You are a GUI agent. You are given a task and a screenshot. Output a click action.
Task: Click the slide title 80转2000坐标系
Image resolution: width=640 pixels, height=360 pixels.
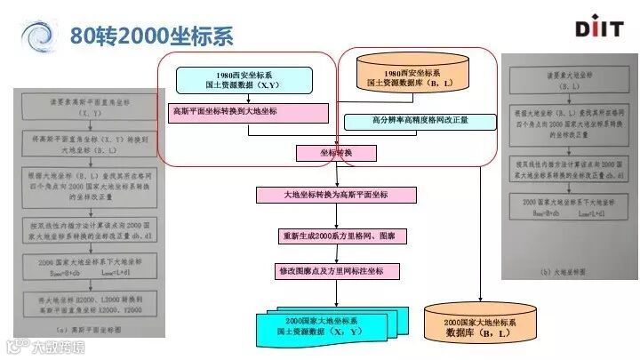[x=150, y=35]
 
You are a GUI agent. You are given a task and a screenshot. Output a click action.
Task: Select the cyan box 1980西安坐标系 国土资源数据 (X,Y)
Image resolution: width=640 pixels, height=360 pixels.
[x=244, y=80]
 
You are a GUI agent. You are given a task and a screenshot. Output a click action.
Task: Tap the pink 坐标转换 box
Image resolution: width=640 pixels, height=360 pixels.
[x=336, y=153]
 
